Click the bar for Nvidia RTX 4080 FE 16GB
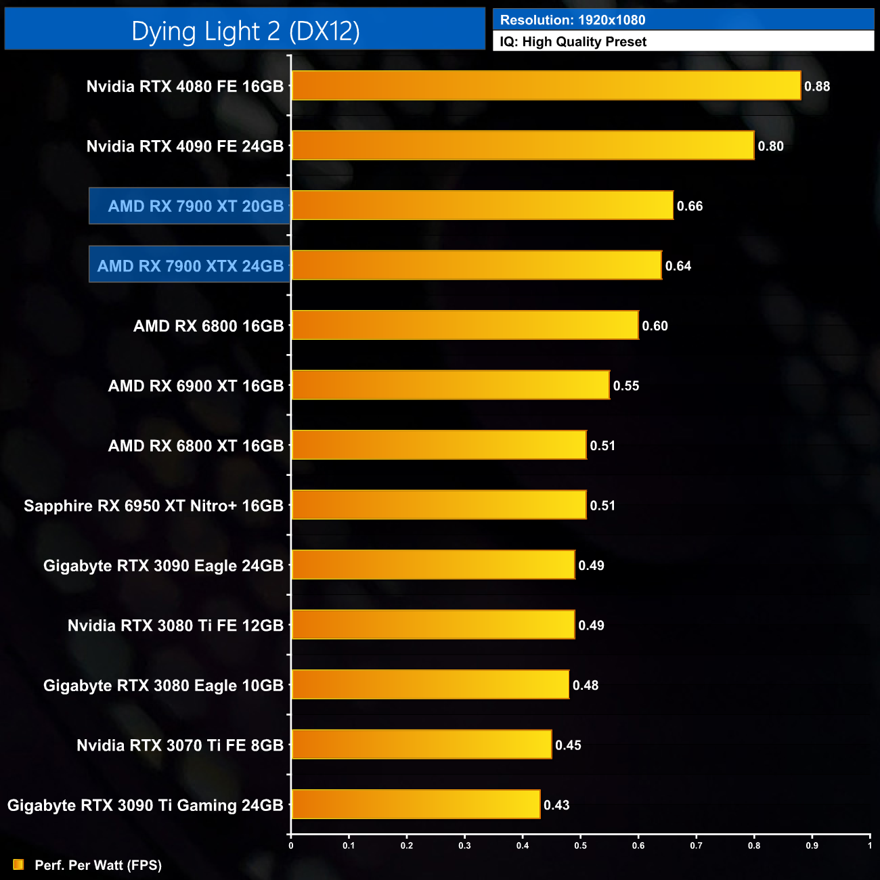(546, 86)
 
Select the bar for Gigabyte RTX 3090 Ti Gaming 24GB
(416, 804)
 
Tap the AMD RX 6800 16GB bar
(464, 326)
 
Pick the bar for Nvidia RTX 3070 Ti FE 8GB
(421, 745)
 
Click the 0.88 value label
(817, 87)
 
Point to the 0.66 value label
(690, 206)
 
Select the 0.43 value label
(556, 805)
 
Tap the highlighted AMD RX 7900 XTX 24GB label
(190, 265)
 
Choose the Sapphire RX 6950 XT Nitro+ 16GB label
(154, 506)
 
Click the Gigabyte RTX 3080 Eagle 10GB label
(163, 686)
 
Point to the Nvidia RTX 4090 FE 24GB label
(185, 146)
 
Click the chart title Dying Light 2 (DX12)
(245, 30)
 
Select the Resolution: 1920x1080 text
(573, 20)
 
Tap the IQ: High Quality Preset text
(573, 42)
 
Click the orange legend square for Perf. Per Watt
(18, 864)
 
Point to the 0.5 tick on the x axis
(580, 845)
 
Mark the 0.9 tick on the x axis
(812, 845)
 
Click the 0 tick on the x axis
(291, 845)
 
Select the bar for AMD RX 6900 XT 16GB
(450, 385)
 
